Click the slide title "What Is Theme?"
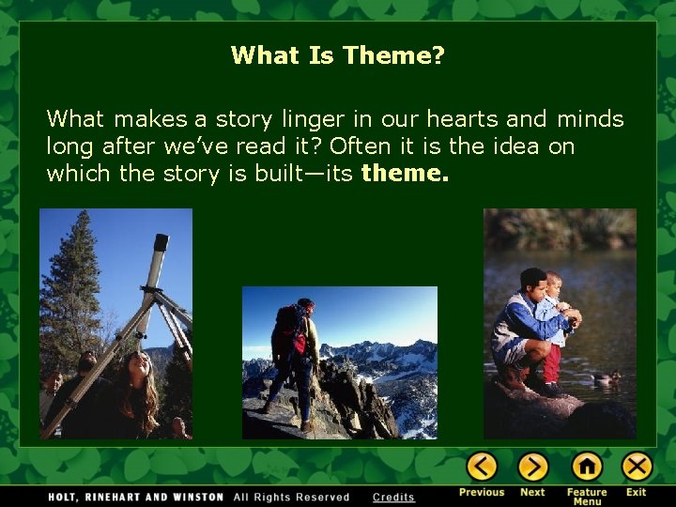(338, 56)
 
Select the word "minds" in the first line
(590, 119)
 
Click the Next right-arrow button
(532, 467)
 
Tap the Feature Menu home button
(587, 467)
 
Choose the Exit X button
(637, 467)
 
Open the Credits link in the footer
(393, 497)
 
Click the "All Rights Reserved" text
(291, 497)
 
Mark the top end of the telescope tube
(161, 243)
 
